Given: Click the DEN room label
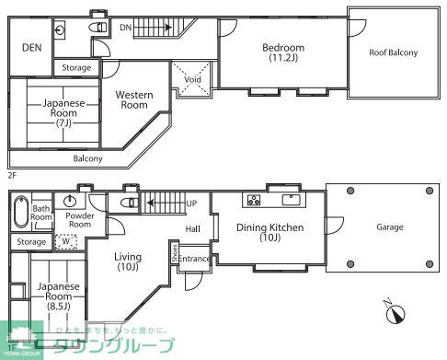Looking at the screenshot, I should [x=32, y=47].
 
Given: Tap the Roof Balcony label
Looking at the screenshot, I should [x=393, y=52].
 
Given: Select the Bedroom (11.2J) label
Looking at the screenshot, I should [x=282, y=52].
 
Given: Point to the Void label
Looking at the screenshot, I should [x=192, y=80].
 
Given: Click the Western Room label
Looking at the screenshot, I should [x=134, y=99].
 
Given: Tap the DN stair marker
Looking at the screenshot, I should [x=126, y=28].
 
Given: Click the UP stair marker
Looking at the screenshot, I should [x=191, y=202].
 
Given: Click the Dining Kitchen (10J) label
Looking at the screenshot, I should [x=269, y=233].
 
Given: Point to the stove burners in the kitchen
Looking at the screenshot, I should [x=253, y=200].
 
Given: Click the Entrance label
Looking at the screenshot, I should [x=194, y=260].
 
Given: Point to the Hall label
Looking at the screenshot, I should [x=192, y=228].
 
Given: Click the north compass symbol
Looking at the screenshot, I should [x=395, y=313].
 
